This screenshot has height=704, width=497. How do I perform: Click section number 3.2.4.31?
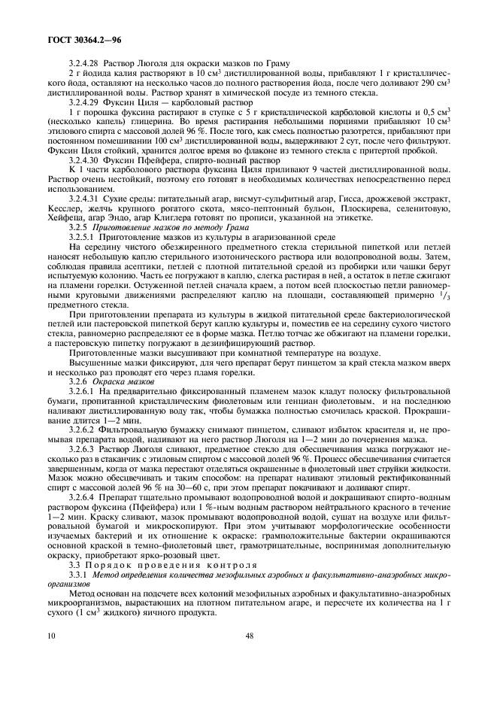tap(83, 188)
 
